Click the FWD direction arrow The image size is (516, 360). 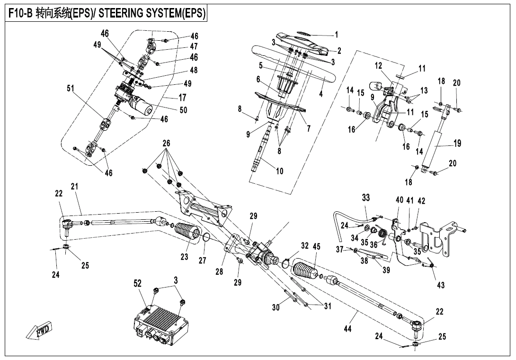coord(38,331)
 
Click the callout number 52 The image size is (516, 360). coord(138,284)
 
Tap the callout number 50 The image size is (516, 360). coord(183,110)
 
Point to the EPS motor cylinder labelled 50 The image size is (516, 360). coord(142,104)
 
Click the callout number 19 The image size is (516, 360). coord(457,143)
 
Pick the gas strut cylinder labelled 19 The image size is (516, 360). coord(432,148)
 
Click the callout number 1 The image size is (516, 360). coord(336,35)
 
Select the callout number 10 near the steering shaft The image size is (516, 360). coord(279,171)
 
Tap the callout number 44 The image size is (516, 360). coord(347,328)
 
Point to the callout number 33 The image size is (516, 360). coord(365,198)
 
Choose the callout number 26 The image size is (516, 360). coord(166,143)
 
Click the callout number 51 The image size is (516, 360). coord(71,89)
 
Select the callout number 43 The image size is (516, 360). coord(441,285)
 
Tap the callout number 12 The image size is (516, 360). coord(378,65)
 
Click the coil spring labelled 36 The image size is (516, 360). coord(383,234)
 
